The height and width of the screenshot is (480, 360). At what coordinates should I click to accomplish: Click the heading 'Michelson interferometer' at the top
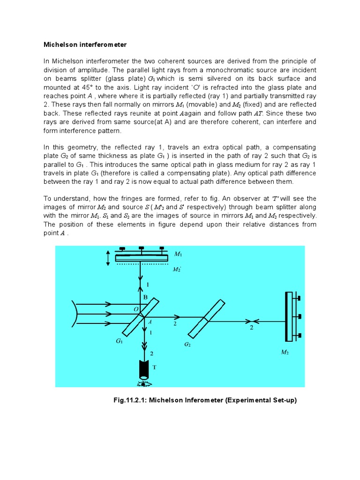click(x=85, y=45)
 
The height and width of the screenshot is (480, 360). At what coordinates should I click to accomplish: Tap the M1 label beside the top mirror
click(x=178, y=254)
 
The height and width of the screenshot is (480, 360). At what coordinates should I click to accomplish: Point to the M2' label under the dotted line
click(x=177, y=269)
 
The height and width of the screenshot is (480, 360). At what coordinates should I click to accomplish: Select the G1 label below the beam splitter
click(x=119, y=342)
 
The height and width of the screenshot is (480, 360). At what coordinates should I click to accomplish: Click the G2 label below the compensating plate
click(x=187, y=345)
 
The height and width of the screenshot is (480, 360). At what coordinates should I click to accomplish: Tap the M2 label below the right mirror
click(x=285, y=352)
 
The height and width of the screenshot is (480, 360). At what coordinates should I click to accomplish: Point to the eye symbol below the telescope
click(x=142, y=384)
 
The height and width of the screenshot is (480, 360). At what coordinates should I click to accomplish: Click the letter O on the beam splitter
click(x=136, y=309)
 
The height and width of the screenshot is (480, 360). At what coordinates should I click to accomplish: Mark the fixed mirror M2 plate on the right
click(x=289, y=317)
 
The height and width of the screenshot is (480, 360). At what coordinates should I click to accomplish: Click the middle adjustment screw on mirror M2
click(x=298, y=317)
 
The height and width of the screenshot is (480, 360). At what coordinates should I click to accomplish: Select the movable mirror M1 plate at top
click(x=142, y=257)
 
